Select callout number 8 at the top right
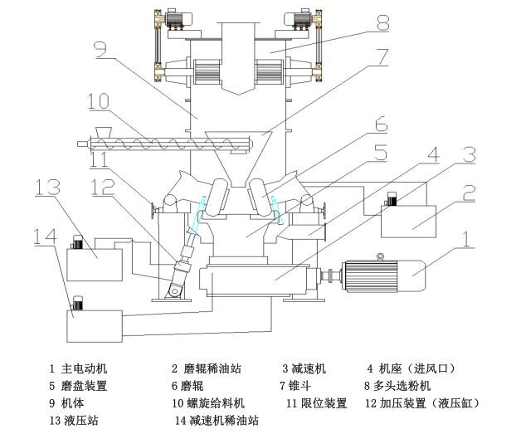(x=382, y=24)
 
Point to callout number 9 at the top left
(x=100, y=52)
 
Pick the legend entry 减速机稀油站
(x=222, y=421)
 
